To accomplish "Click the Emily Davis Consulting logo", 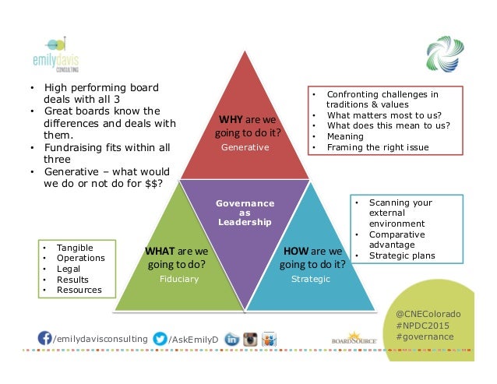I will click(58, 54).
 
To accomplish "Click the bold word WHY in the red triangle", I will click(231, 120).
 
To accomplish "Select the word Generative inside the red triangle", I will click(245, 146).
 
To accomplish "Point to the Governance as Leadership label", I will click(245, 212).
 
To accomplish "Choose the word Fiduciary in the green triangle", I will click(178, 278).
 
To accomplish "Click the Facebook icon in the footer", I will click(45, 339).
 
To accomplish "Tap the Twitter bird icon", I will click(159, 339).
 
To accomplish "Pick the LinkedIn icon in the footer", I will click(231, 339).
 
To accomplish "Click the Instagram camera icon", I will click(250, 339).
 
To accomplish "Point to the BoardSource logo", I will click(354, 338).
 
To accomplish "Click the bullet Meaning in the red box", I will click(345, 136).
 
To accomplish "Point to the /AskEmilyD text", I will click(195, 339).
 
